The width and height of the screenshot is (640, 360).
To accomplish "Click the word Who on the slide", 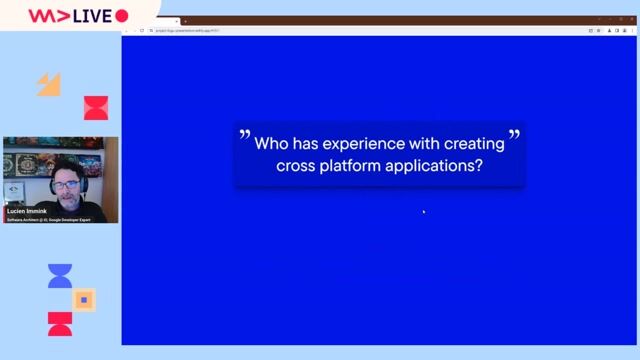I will tap(271, 143).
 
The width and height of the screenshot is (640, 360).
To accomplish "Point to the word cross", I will tap(297, 166).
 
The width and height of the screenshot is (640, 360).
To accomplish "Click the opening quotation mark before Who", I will tap(243, 134).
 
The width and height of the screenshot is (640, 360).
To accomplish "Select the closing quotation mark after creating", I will tap(514, 134).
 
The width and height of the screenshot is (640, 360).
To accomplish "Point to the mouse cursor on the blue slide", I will tap(423, 211).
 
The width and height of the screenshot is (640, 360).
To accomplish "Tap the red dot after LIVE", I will tap(122, 16).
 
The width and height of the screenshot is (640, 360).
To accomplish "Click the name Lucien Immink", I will tap(26, 211).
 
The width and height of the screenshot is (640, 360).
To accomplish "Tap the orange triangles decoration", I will tap(48, 85).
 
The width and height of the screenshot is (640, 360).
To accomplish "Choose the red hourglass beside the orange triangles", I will tap(96, 107).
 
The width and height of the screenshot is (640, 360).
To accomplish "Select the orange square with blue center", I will tap(85, 299).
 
